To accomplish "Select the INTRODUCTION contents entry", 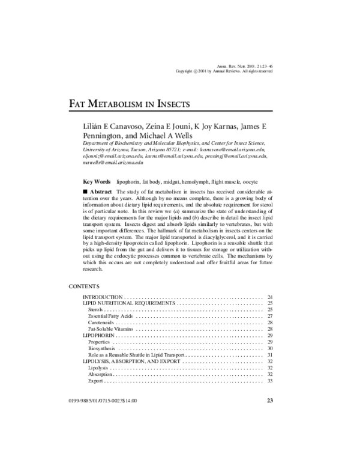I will tap(103, 297).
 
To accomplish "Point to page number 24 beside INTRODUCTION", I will tap(270, 297).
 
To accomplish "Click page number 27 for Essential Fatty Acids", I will tap(270, 316).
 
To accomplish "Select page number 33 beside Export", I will tap(270, 381).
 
